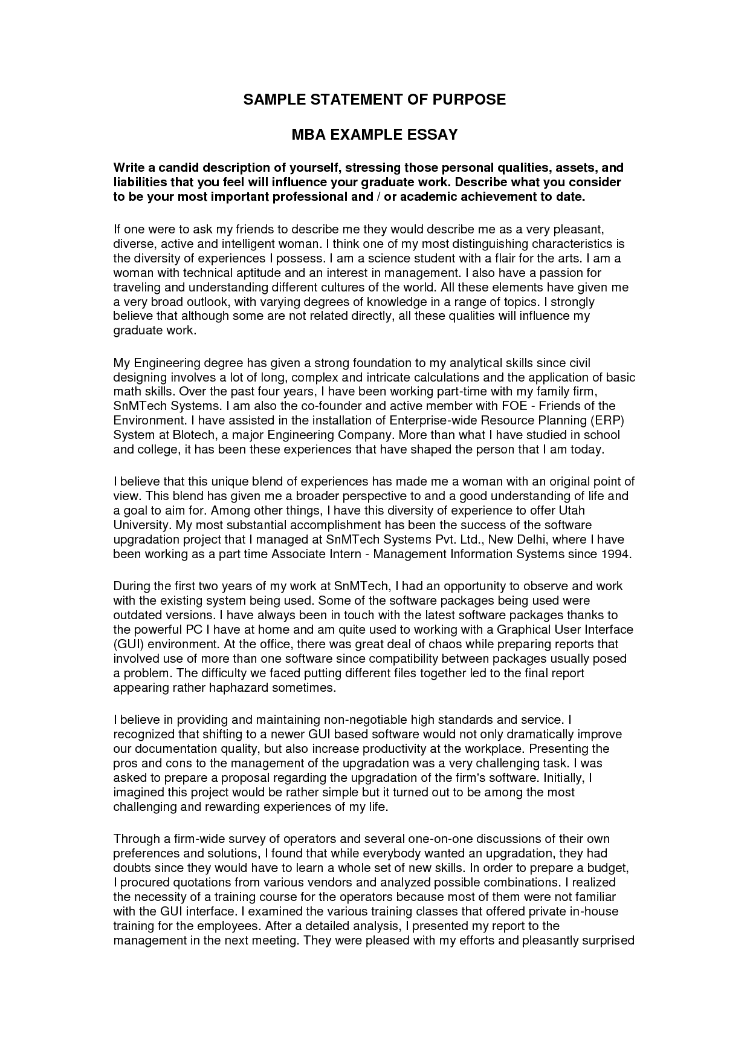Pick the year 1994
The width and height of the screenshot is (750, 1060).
tap(615, 554)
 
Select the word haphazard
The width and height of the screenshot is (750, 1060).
tap(239, 688)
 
